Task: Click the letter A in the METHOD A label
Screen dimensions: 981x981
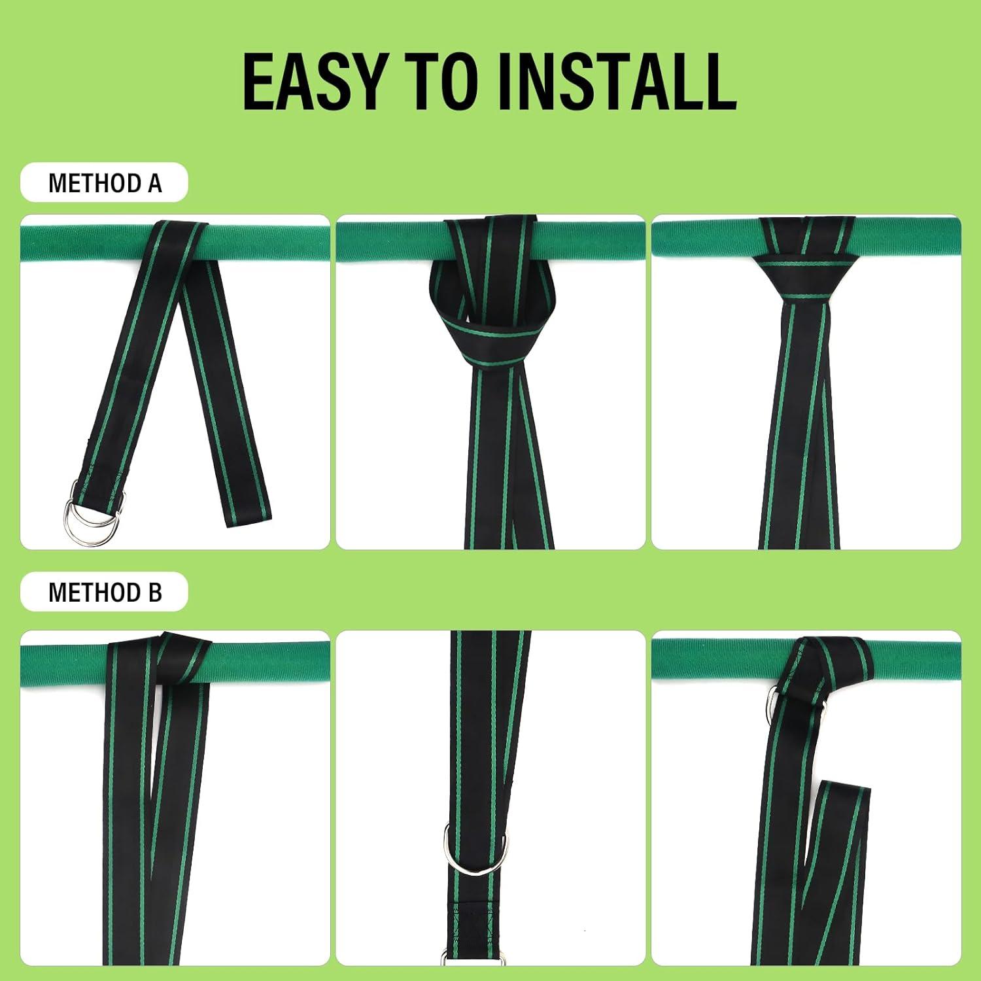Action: pyautogui.click(x=154, y=183)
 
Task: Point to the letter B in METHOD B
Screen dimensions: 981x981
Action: pyautogui.click(x=154, y=593)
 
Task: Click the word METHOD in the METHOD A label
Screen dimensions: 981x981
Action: pyautogui.click(x=95, y=183)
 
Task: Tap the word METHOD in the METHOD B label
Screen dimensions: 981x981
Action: pyautogui.click(x=95, y=593)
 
